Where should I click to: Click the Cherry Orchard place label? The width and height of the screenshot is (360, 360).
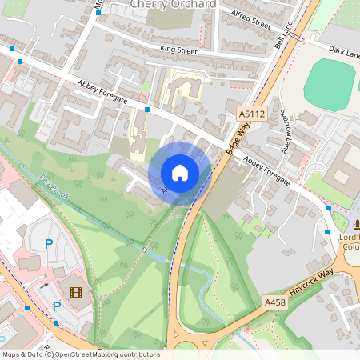coord(174,4)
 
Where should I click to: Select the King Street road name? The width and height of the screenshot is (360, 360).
coord(178,50)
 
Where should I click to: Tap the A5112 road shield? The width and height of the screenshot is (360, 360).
coord(251,115)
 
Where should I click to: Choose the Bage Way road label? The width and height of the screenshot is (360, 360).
coord(239,140)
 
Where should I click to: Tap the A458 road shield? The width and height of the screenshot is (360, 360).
coord(275,302)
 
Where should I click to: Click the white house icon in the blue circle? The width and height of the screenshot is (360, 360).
coord(180,172)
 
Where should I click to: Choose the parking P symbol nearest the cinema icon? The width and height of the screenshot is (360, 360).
coord(57,306)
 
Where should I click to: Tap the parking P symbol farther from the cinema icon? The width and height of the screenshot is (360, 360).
coord(49,245)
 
